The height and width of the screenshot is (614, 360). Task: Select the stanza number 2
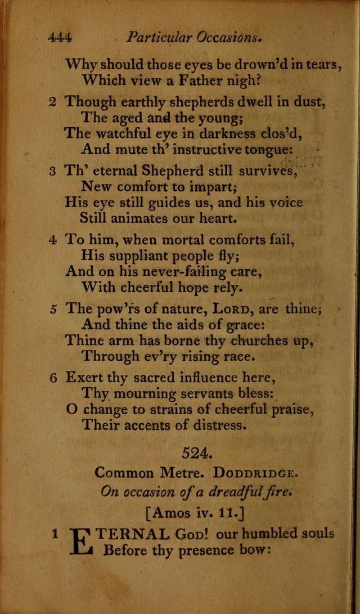[52, 102]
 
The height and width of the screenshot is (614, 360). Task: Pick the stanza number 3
[52, 171]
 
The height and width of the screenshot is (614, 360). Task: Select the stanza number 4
[52, 240]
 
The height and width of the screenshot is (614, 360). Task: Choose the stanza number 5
[52, 308]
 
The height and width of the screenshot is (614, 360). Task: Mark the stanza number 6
[52, 378]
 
